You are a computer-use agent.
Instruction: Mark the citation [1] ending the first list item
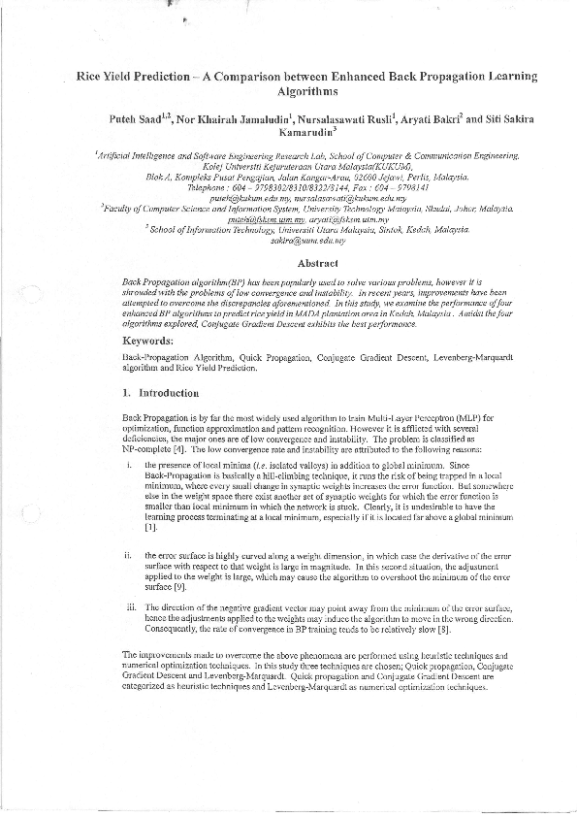point(150,528)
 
